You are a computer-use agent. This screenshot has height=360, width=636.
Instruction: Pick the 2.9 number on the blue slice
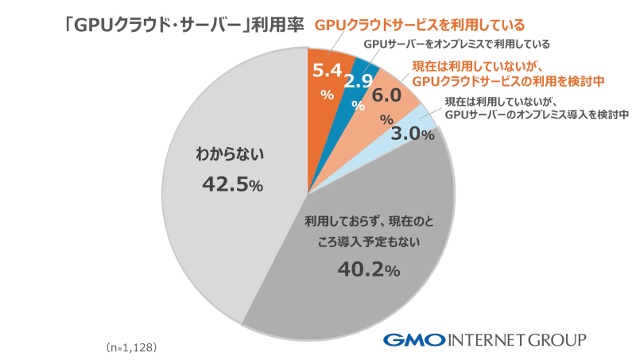pyautogui.click(x=359, y=81)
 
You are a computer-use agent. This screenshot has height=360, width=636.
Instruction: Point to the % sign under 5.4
pyautogui.click(x=326, y=93)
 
